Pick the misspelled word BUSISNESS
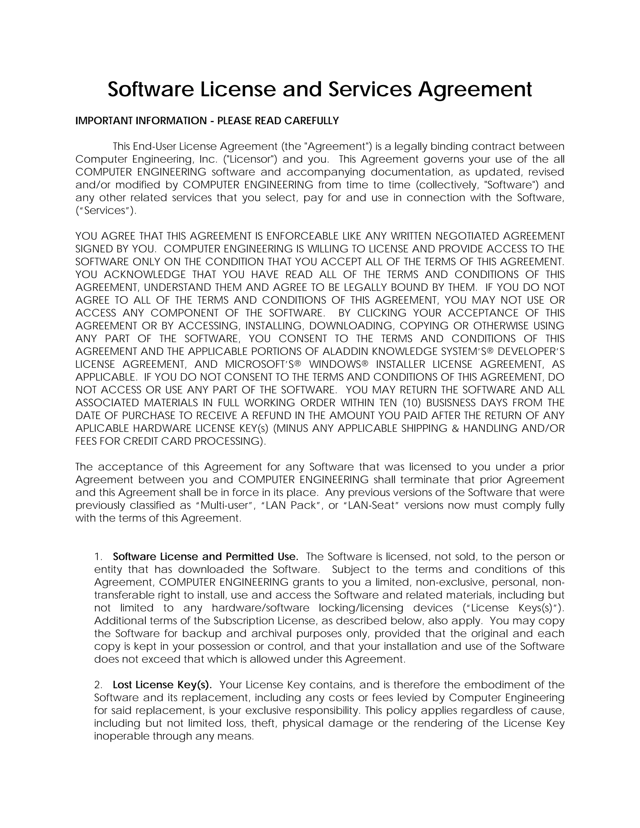459,403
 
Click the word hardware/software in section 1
261,608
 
